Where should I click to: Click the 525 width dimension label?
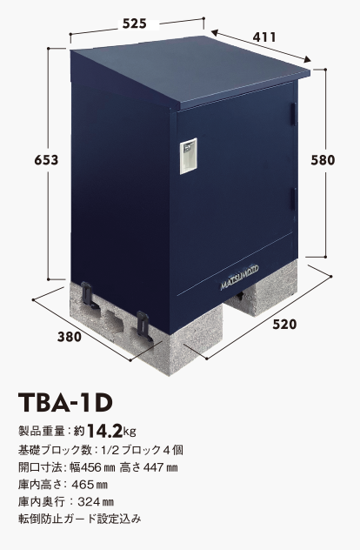134,23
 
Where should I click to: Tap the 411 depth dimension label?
264,37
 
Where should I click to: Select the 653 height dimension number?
46,160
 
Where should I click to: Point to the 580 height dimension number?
323,160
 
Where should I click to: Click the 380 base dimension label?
70,337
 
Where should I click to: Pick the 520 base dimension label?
284,325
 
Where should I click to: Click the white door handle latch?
188,157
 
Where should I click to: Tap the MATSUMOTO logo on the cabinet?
240,278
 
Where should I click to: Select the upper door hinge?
293,113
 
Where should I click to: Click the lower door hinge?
293,199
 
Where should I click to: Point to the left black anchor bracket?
89,295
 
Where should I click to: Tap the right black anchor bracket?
143,325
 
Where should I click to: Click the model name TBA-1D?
65,402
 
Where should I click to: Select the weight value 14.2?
104,431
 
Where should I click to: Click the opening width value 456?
90,467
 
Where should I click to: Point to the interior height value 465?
83,485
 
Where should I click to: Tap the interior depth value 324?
89,502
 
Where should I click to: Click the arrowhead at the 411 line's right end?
307,60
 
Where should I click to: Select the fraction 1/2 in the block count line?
107,450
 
